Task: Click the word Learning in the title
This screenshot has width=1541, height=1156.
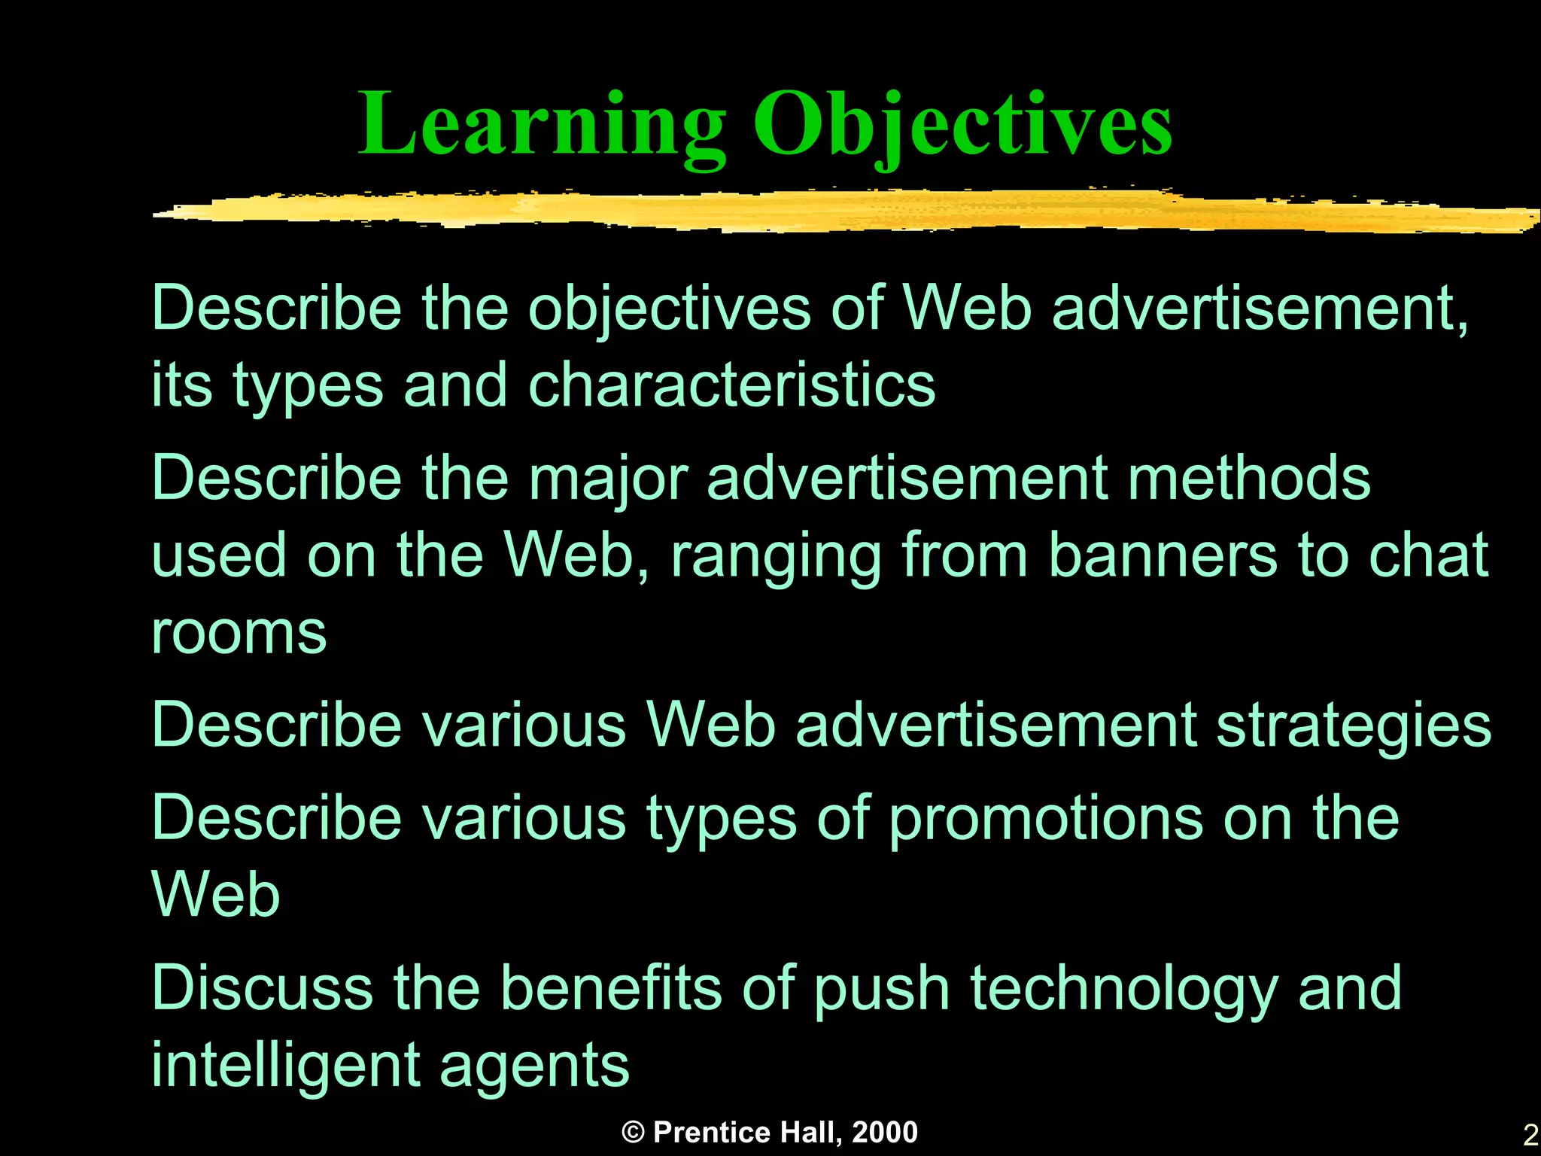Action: coord(542,124)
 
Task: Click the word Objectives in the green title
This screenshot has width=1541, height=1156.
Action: coord(962,124)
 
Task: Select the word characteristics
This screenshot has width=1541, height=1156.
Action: coord(731,385)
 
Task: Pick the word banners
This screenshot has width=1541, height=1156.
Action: coord(1163,555)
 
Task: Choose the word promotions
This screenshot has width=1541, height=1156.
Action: coord(1046,819)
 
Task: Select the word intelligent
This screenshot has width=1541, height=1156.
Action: coord(285,1066)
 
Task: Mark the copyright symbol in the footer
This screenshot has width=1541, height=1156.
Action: coord(634,1133)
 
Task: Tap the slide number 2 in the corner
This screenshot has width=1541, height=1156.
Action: coord(1530,1135)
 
